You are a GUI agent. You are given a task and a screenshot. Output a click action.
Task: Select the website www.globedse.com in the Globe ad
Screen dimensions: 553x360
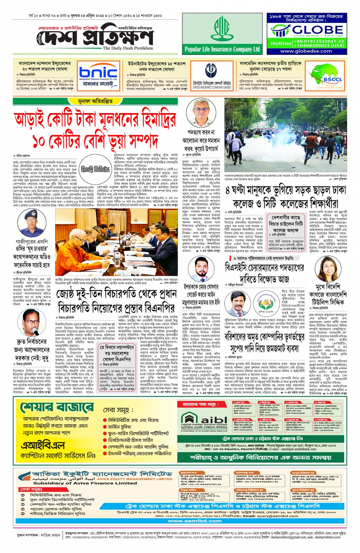306,51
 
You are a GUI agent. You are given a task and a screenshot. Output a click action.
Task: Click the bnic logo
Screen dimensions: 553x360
98,72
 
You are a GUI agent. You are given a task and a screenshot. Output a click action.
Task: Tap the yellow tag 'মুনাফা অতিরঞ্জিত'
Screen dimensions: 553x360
95,101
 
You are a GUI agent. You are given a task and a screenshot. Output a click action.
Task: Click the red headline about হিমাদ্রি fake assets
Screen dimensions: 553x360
95,129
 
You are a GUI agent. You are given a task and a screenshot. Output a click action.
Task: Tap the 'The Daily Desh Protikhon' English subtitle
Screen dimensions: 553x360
128,48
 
